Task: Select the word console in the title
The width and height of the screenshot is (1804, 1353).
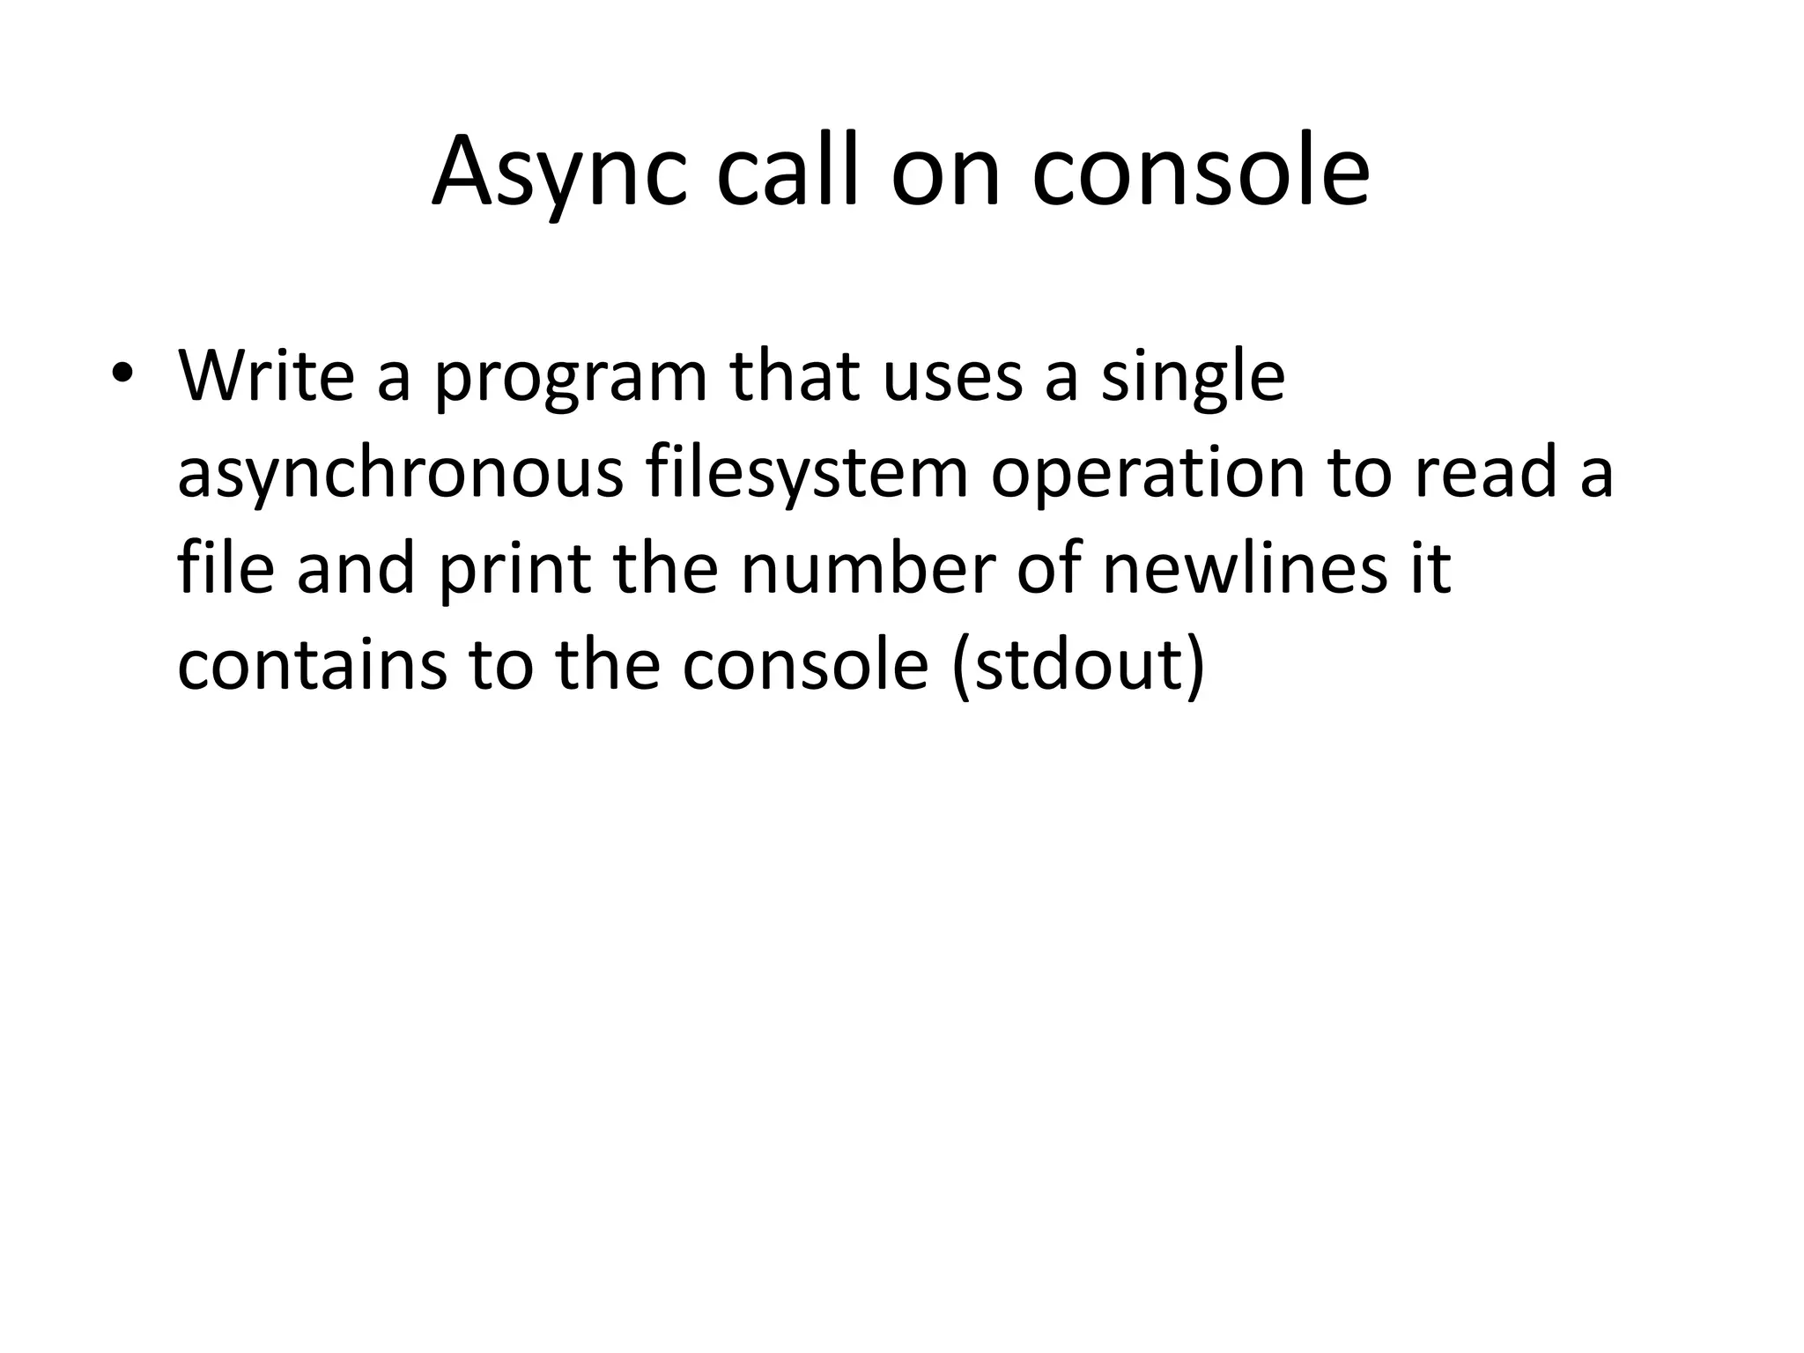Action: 1200,172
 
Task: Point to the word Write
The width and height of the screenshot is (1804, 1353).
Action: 266,375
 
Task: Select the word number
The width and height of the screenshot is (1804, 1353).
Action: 868,569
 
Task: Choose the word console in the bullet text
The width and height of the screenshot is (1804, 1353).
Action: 805,666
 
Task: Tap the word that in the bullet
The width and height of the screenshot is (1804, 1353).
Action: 795,375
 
